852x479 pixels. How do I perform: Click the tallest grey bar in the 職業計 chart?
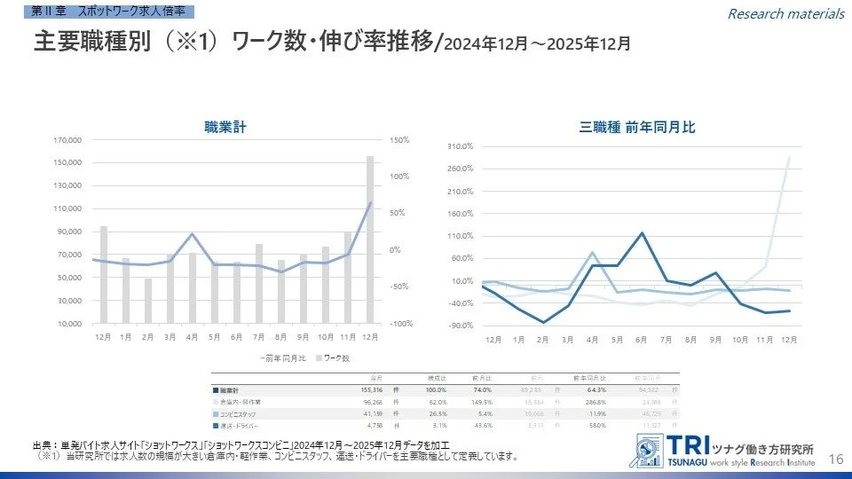pyautogui.click(x=370, y=239)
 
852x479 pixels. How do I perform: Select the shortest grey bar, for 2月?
pyautogui.click(x=148, y=301)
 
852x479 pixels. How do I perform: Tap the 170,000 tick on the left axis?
pyautogui.click(x=68, y=140)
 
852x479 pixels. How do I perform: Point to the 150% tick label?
pyautogui.click(x=398, y=140)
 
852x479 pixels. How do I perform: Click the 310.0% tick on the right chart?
pyautogui.click(x=460, y=146)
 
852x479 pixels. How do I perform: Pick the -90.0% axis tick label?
pyautogui.click(x=460, y=326)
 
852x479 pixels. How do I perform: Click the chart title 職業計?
pyautogui.click(x=225, y=128)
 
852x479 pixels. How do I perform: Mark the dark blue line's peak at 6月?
pyautogui.click(x=641, y=233)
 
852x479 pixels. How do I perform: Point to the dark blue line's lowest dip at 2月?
pyautogui.click(x=543, y=322)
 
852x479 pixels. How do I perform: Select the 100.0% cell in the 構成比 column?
pyautogui.click(x=436, y=389)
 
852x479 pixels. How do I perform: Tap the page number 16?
pyautogui.click(x=835, y=458)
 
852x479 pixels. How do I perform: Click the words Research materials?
pyautogui.click(x=785, y=13)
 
